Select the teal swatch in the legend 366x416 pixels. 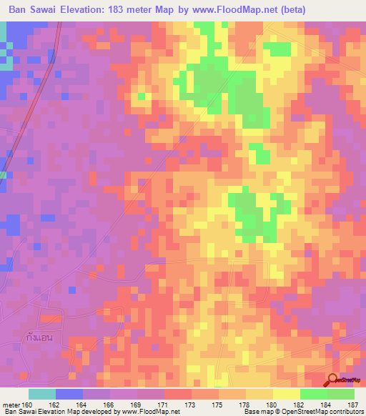click(42, 393)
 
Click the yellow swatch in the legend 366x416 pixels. click(287, 393)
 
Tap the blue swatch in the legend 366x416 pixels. click(69, 393)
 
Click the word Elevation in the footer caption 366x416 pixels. click(51, 412)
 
